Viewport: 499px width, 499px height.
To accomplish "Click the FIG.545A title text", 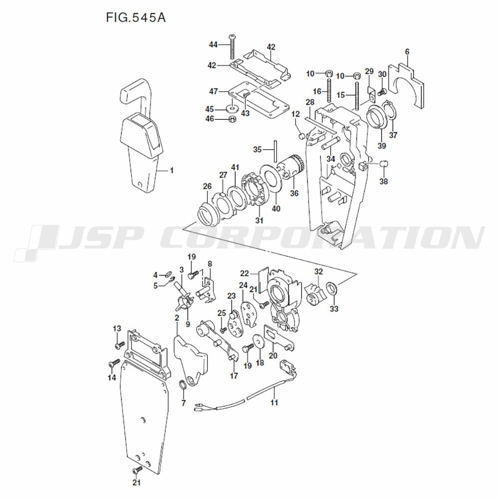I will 135,18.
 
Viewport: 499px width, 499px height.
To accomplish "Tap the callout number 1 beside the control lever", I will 172,170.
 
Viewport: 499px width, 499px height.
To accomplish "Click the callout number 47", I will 214,92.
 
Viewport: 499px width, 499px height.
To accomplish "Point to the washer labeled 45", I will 232,107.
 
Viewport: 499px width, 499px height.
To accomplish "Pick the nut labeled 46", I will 232,119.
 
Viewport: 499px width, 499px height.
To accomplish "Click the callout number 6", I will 407,51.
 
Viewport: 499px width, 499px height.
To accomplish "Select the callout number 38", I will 383,182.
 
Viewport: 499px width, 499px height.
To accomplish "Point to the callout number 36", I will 294,193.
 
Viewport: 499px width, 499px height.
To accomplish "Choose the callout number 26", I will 207,186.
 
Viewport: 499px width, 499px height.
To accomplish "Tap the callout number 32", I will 318,272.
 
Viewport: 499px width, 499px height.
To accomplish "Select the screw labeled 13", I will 119,345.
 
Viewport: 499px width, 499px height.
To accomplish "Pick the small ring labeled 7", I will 183,384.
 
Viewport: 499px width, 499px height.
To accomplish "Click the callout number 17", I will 234,376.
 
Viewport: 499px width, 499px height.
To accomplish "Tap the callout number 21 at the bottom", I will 136,483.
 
